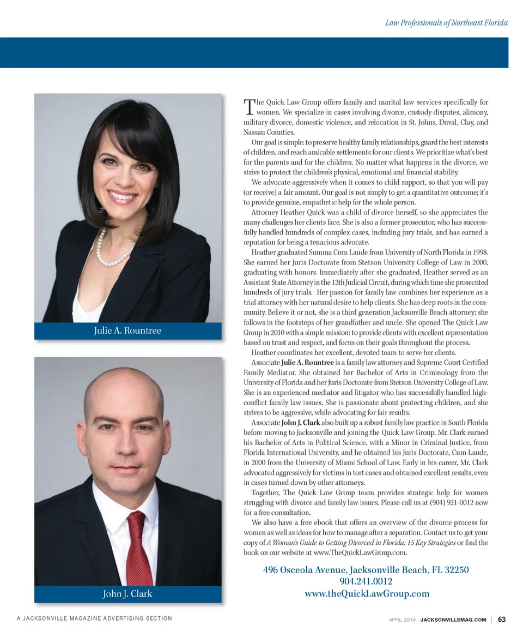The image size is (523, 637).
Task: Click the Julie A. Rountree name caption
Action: point(127,330)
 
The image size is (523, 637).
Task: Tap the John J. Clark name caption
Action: point(127,593)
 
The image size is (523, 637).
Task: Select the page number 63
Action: point(502,619)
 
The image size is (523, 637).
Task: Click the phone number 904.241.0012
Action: point(366,582)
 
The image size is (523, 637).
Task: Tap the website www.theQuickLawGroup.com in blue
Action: point(366,593)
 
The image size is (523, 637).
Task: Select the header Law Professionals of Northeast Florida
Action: point(446,23)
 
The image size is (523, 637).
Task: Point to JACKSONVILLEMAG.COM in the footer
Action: point(454,619)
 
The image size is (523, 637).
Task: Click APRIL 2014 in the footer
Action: point(403,619)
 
